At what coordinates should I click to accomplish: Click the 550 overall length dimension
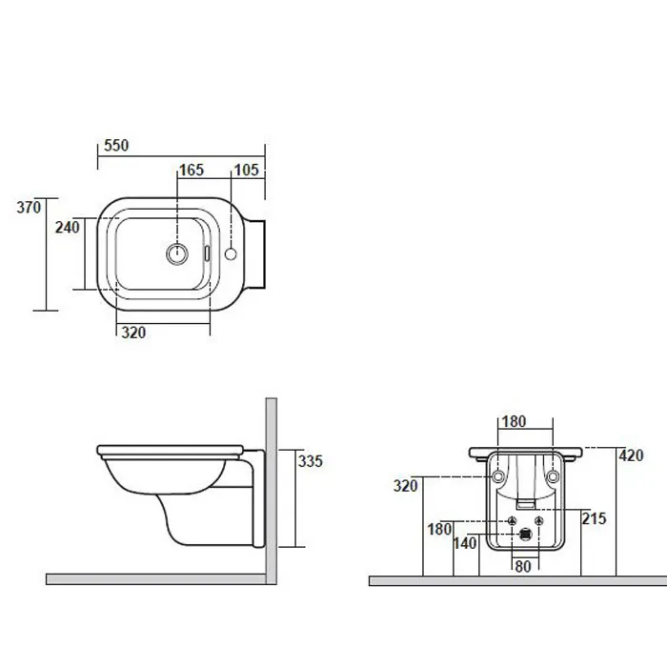pos(116,146)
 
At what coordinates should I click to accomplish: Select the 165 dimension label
pos(192,171)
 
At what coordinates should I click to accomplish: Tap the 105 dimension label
pos(246,171)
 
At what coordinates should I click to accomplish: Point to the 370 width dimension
pos(29,207)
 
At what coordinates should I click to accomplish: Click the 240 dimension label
pos(68,228)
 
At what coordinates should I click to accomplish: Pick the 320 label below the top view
pos(133,333)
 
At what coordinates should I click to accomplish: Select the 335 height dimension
pos(310,461)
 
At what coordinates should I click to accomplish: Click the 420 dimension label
pos(631,455)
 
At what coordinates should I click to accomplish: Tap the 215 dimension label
pos(594,518)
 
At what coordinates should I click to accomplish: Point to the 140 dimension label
pos(465,543)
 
